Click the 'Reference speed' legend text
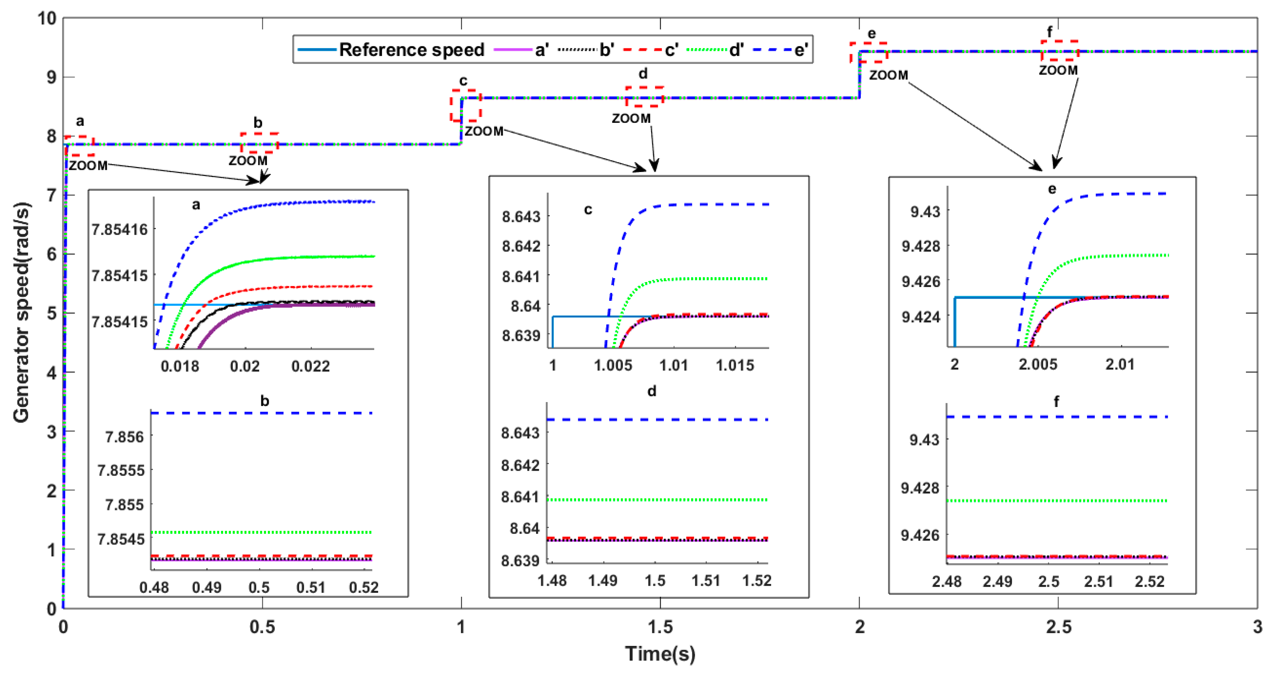pos(411,50)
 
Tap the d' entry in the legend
pos(736,50)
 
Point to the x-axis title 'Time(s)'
pos(660,654)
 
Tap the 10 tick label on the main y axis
pos(47,19)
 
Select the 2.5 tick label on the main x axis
pos(1058,627)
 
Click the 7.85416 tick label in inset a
pos(120,230)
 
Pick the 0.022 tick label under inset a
pos(310,366)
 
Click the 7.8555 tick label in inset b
pos(121,470)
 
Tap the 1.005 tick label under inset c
pos(613,366)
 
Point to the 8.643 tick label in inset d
pos(520,433)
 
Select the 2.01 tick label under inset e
pos(1120,365)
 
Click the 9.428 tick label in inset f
pos(920,488)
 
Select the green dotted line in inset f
pos(1057,501)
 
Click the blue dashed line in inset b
pos(262,413)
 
